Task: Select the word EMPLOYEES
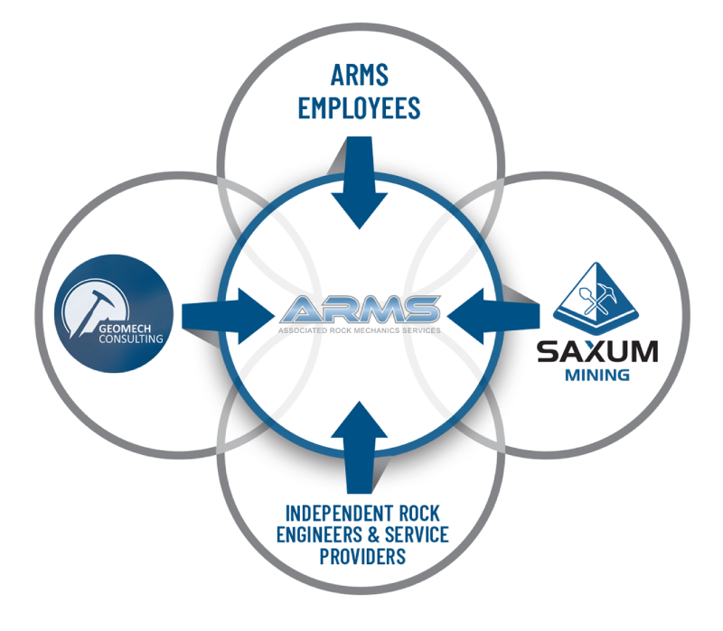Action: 360,107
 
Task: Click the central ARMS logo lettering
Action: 361,311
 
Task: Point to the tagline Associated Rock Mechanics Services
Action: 361,331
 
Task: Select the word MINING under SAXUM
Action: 596,374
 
